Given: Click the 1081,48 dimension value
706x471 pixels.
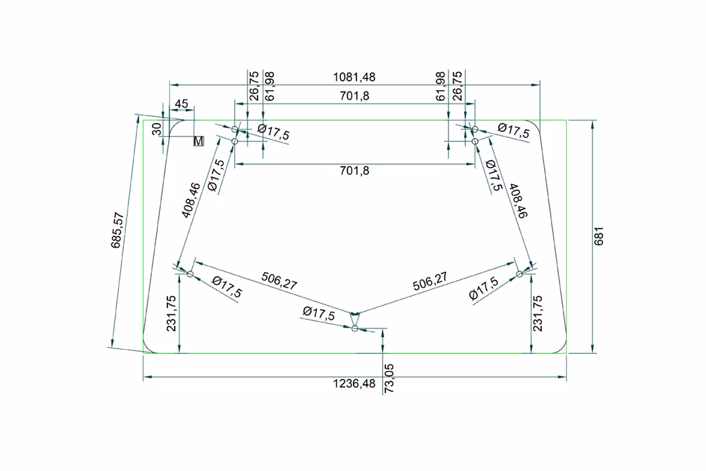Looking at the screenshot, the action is click(x=354, y=77).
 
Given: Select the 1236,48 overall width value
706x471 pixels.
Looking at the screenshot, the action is click(x=354, y=384).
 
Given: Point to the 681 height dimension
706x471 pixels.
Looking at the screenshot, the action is click(x=599, y=236).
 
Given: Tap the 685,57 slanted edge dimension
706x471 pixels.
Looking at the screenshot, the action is click(x=117, y=230).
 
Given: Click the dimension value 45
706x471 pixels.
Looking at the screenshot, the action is click(x=181, y=104).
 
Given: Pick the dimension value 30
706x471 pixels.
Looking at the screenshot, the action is click(x=156, y=129).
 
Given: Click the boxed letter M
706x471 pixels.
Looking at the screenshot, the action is click(x=198, y=141).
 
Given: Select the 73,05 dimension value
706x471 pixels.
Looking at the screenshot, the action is click(x=389, y=379).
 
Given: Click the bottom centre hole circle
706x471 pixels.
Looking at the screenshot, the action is click(x=355, y=328).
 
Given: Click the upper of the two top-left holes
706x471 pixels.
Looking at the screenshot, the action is click(x=235, y=129).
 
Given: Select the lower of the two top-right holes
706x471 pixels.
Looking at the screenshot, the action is click(x=475, y=141).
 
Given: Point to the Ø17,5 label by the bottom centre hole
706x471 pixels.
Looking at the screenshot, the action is click(x=319, y=313).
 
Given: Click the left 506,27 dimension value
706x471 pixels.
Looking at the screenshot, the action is click(x=279, y=281).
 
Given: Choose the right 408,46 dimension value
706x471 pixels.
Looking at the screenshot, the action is click(x=518, y=201).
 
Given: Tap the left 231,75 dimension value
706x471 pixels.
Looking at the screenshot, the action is click(x=171, y=314).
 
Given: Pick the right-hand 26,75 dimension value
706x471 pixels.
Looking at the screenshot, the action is click(x=457, y=85).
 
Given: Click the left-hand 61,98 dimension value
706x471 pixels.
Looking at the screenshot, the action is click(x=269, y=86).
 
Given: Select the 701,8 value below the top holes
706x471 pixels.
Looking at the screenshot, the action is click(x=354, y=171).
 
